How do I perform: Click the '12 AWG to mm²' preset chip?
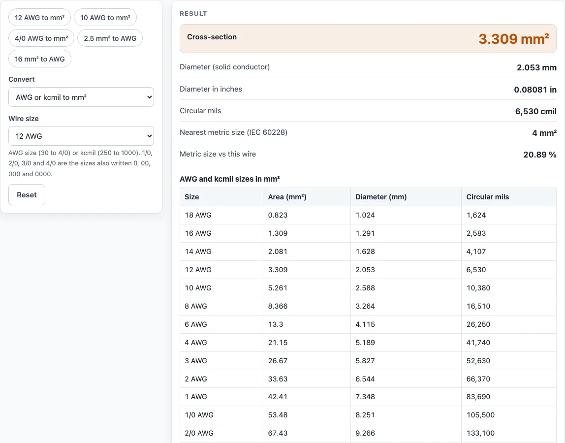click(x=40, y=17)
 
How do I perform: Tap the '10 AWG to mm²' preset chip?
click(x=105, y=17)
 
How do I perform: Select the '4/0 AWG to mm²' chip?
click(x=41, y=38)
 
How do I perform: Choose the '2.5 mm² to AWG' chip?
click(x=110, y=38)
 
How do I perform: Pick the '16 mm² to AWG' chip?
click(x=40, y=59)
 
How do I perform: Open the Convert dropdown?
click(x=81, y=97)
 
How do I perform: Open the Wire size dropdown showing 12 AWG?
click(x=81, y=136)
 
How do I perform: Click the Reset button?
click(x=27, y=194)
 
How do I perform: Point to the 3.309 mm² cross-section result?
click(x=513, y=39)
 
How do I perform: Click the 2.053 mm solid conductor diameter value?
click(x=536, y=67)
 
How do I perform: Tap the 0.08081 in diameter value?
click(x=535, y=90)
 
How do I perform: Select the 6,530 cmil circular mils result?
click(x=536, y=111)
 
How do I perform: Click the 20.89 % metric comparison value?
click(x=540, y=155)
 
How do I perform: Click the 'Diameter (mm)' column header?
click(x=381, y=197)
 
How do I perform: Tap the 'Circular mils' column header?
click(x=488, y=197)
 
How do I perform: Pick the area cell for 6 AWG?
click(x=276, y=324)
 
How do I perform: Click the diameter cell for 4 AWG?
click(x=365, y=343)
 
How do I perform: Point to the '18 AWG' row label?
click(x=198, y=215)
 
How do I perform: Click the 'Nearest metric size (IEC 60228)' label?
click(x=233, y=132)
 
